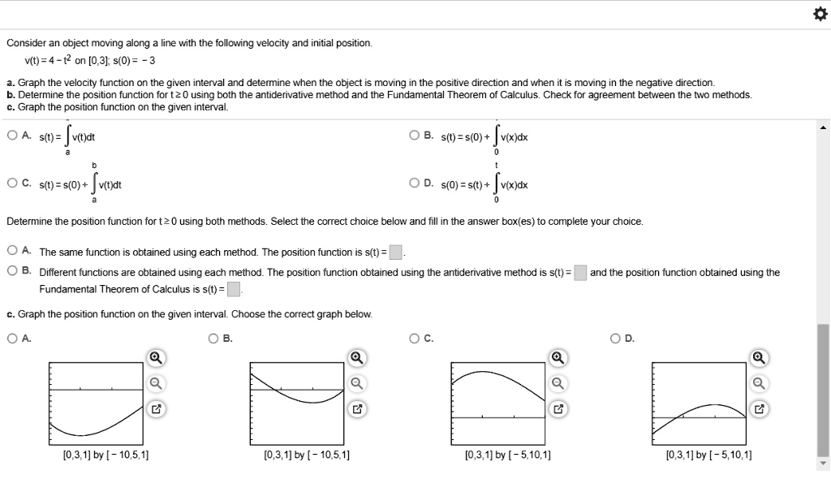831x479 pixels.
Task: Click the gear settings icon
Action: coord(817,15)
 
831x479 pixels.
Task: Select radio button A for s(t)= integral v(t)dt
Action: coord(11,136)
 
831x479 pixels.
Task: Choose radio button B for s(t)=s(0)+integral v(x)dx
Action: coord(415,136)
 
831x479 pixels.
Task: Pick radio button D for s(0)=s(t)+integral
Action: coord(415,183)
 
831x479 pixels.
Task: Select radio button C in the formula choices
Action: coord(11,183)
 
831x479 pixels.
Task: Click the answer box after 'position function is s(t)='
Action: coord(395,252)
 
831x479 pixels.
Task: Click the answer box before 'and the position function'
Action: coord(580,273)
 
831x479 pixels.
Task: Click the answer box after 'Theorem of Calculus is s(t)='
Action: coord(233,289)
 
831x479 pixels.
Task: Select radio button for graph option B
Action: coord(213,339)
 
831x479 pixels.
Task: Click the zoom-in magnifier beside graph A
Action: coord(156,358)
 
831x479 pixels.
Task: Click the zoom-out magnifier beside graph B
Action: coord(355,383)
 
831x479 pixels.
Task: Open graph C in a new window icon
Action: coord(558,408)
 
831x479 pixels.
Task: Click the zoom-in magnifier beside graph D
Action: coord(758,358)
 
